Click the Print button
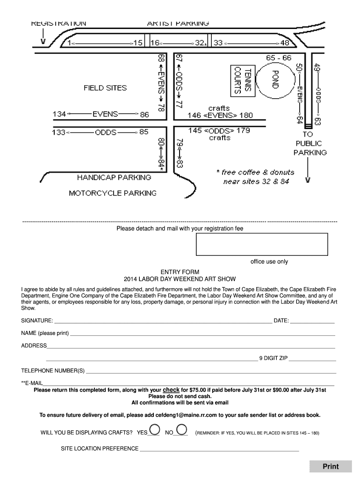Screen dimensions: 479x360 (331, 466)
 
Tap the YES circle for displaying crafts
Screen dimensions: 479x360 (155, 429)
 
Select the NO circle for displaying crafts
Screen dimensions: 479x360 (182, 429)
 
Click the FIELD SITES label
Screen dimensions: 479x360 (105, 87)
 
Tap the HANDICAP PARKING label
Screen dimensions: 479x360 (114, 177)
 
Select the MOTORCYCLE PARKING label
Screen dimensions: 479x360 (113, 193)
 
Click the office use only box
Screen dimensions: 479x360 (262, 244)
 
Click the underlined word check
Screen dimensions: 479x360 (171, 390)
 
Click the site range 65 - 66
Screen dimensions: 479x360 (278, 58)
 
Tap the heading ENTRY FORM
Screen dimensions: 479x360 (180, 272)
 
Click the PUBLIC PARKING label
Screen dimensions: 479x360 (310, 148)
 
